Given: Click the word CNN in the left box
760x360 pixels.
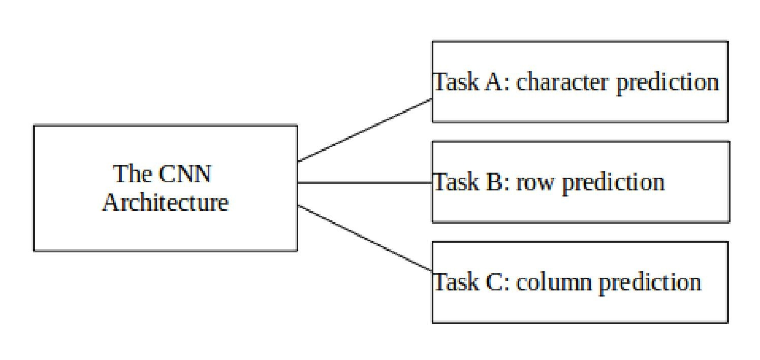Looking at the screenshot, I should coord(184,174).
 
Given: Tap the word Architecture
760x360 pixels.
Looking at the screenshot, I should coord(166,203).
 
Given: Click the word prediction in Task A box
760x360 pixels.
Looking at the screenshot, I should coord(668,82).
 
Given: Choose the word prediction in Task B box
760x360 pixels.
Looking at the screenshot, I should coord(613,182).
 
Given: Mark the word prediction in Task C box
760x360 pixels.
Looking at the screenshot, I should coord(650,282).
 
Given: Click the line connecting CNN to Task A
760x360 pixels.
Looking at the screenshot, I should coord(365,130).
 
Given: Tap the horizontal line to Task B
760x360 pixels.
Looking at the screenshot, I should coord(365,182).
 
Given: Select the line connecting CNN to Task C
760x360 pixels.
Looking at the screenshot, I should coord(365,238).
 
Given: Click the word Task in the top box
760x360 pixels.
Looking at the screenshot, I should coord(456,82).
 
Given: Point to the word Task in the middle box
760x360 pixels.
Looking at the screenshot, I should coord(456,182).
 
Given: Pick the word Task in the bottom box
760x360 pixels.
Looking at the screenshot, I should coord(456,282).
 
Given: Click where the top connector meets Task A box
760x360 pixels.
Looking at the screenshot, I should coord(432,100).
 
